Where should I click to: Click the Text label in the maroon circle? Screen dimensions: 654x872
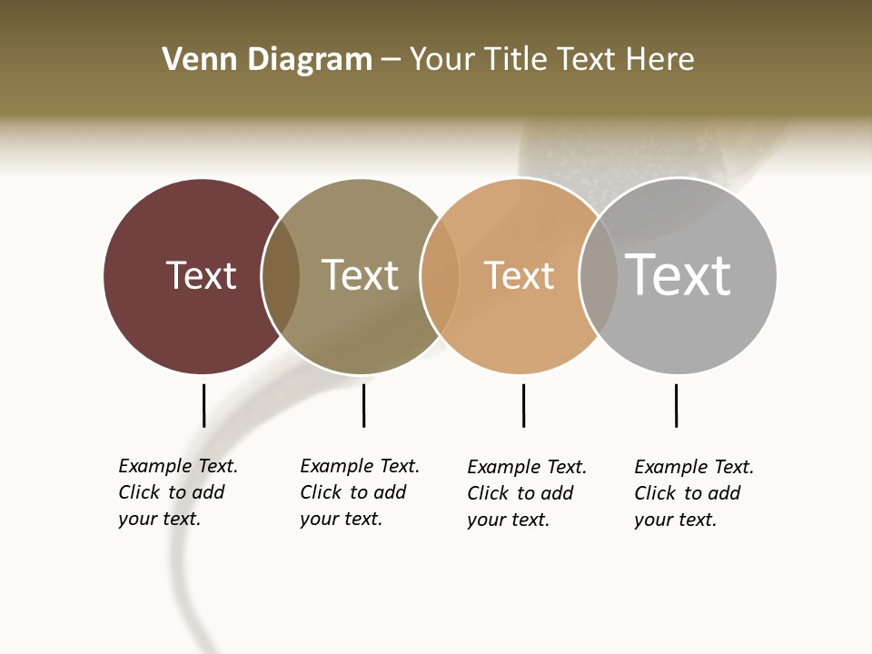coord(201,275)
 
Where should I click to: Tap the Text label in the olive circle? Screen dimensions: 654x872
coord(360,275)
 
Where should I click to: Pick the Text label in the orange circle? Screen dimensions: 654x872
coord(519,275)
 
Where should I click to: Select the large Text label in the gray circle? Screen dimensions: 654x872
coord(678,275)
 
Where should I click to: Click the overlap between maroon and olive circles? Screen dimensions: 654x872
coord(281,276)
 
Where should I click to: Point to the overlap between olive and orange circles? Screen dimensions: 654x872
coord(440,276)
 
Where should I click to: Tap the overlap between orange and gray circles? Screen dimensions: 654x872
coord(598,276)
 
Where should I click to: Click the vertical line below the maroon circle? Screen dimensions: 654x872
coord(203,405)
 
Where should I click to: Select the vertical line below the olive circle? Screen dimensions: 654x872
coord(363,405)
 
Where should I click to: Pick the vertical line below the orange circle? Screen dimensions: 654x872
coord(523,405)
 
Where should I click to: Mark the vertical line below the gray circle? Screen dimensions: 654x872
coord(676,405)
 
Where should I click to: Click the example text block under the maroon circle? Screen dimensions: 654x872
coord(177,492)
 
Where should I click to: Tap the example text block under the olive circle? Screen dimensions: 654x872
coord(359,492)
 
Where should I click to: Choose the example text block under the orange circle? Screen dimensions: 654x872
coord(526,493)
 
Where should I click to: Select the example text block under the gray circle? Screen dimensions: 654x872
coord(693,493)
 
